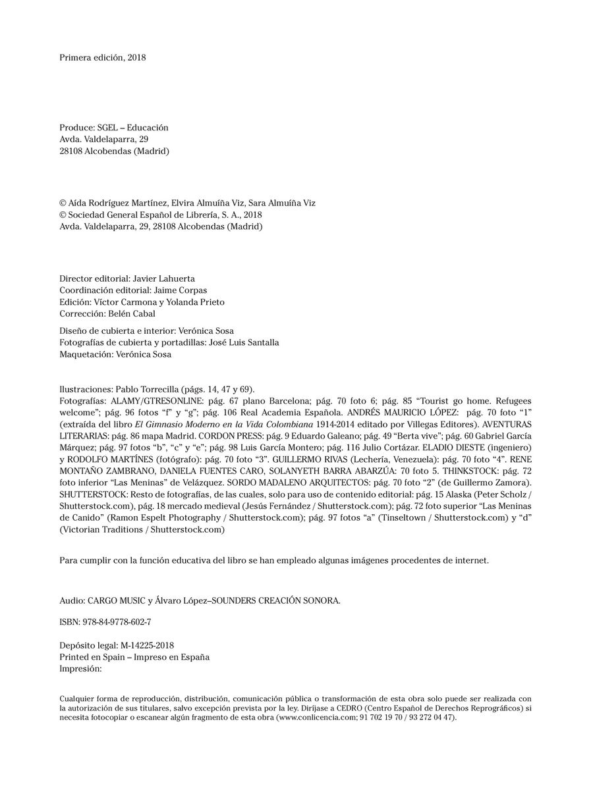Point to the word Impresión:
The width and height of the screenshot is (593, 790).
(80, 669)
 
